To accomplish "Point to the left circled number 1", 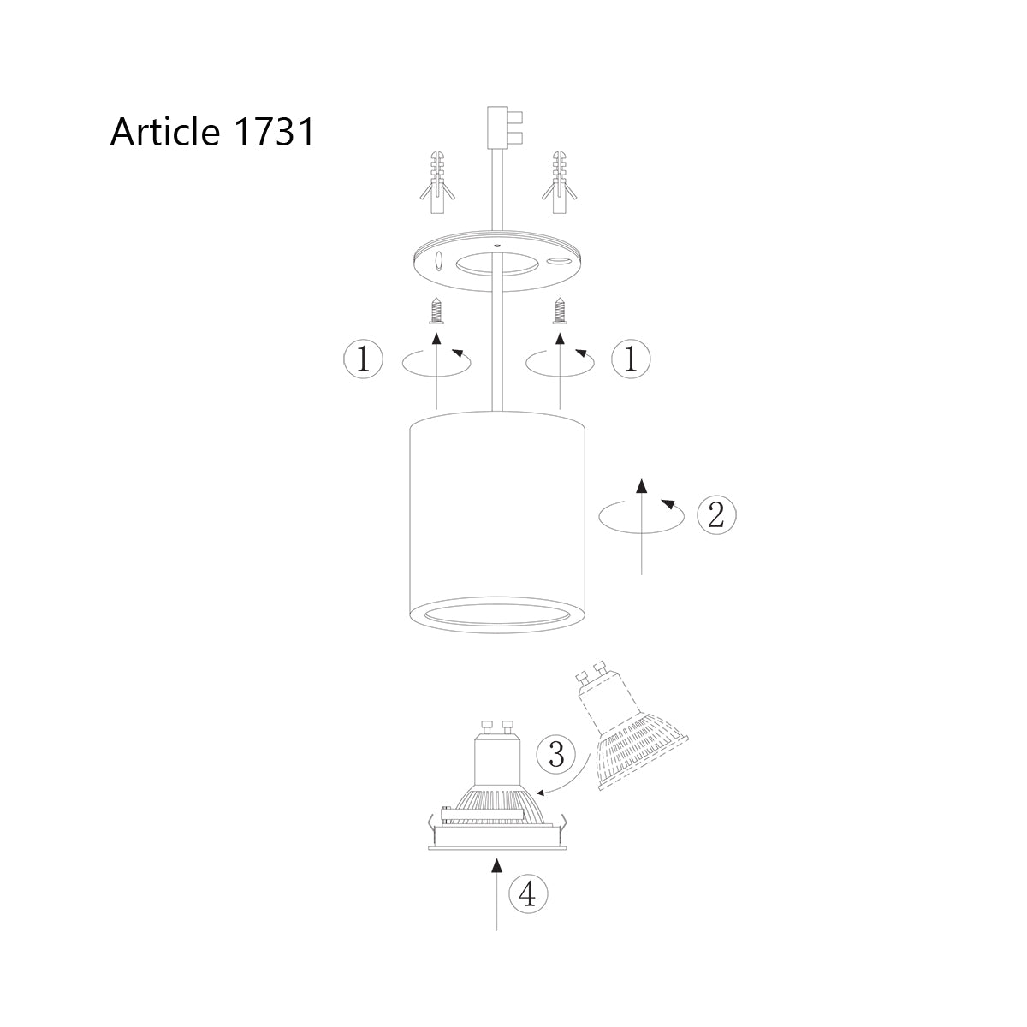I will [x=363, y=359].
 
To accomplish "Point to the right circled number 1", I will [x=632, y=359].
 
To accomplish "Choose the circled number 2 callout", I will [x=716, y=514].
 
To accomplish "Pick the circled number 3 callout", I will [x=555, y=754].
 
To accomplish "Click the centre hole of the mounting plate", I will [x=497, y=263].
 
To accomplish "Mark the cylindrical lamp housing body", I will [x=496, y=513].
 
